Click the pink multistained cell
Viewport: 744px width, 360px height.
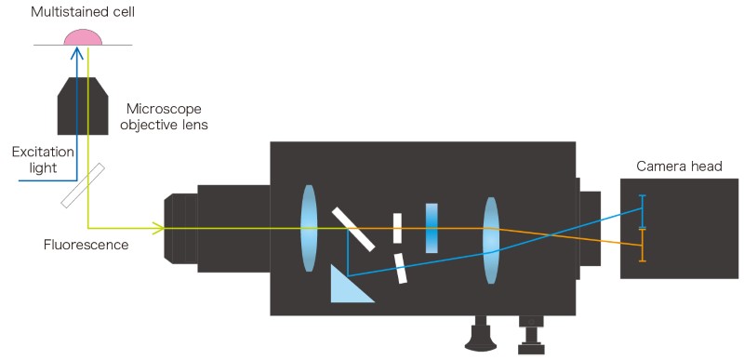point(83,37)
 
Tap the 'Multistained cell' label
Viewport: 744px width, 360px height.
point(83,12)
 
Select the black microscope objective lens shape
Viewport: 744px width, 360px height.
point(83,106)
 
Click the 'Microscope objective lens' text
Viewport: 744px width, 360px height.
point(164,117)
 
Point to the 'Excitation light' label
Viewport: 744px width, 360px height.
point(43,160)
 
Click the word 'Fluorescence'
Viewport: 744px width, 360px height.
point(86,245)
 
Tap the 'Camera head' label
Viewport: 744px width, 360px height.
point(679,167)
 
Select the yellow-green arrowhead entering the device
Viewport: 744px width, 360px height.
point(157,228)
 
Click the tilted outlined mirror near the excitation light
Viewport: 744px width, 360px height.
point(83,185)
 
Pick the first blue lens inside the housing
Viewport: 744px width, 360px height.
point(309,228)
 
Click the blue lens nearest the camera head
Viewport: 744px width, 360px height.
point(491,241)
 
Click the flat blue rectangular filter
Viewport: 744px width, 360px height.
point(432,228)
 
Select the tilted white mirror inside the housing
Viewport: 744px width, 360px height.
point(353,229)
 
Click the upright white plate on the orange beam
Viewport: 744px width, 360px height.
point(397,228)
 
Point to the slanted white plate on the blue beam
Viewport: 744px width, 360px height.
point(400,269)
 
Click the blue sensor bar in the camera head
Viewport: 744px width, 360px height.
point(643,211)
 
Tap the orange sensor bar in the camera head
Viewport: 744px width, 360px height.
point(643,246)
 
